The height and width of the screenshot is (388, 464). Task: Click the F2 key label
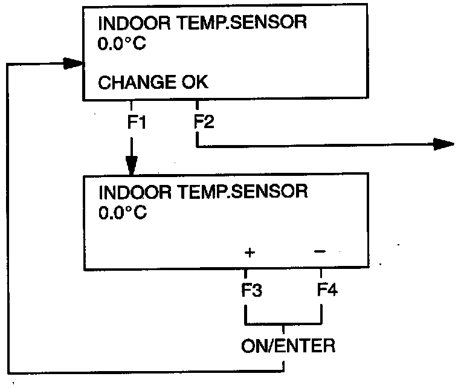point(204,122)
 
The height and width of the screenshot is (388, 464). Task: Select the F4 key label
point(326,290)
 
